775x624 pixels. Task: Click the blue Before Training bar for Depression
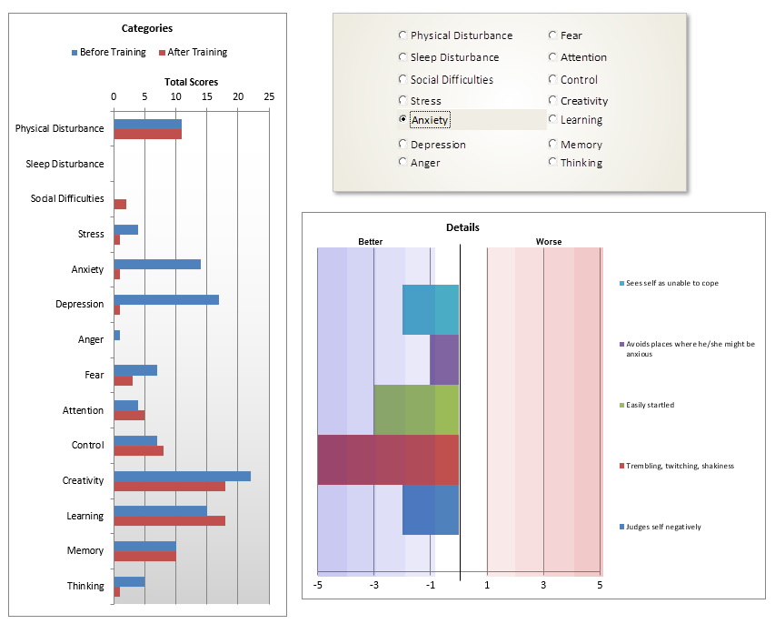[x=165, y=299]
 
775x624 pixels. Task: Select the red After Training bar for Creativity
[x=169, y=486]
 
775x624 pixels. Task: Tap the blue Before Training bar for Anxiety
[x=156, y=264]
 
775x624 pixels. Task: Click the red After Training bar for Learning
[x=169, y=521]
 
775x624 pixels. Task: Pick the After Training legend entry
[x=193, y=52]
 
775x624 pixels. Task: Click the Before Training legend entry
[x=108, y=52]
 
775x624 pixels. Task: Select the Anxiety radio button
[x=402, y=119]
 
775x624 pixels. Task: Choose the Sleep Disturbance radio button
[x=402, y=57]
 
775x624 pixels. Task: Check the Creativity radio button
[x=552, y=101]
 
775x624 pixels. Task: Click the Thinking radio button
[x=552, y=162]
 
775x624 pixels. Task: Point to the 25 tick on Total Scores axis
[x=269, y=96]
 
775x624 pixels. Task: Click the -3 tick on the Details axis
[x=374, y=586]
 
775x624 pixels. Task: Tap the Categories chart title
[x=147, y=28]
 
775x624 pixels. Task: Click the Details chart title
[x=462, y=227]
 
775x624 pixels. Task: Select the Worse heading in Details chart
[x=548, y=242]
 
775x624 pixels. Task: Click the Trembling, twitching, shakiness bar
[x=388, y=459]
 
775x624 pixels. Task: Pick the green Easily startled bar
[x=416, y=409]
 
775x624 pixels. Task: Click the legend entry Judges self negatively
[x=662, y=527]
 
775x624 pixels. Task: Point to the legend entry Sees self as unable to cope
[x=671, y=283]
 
